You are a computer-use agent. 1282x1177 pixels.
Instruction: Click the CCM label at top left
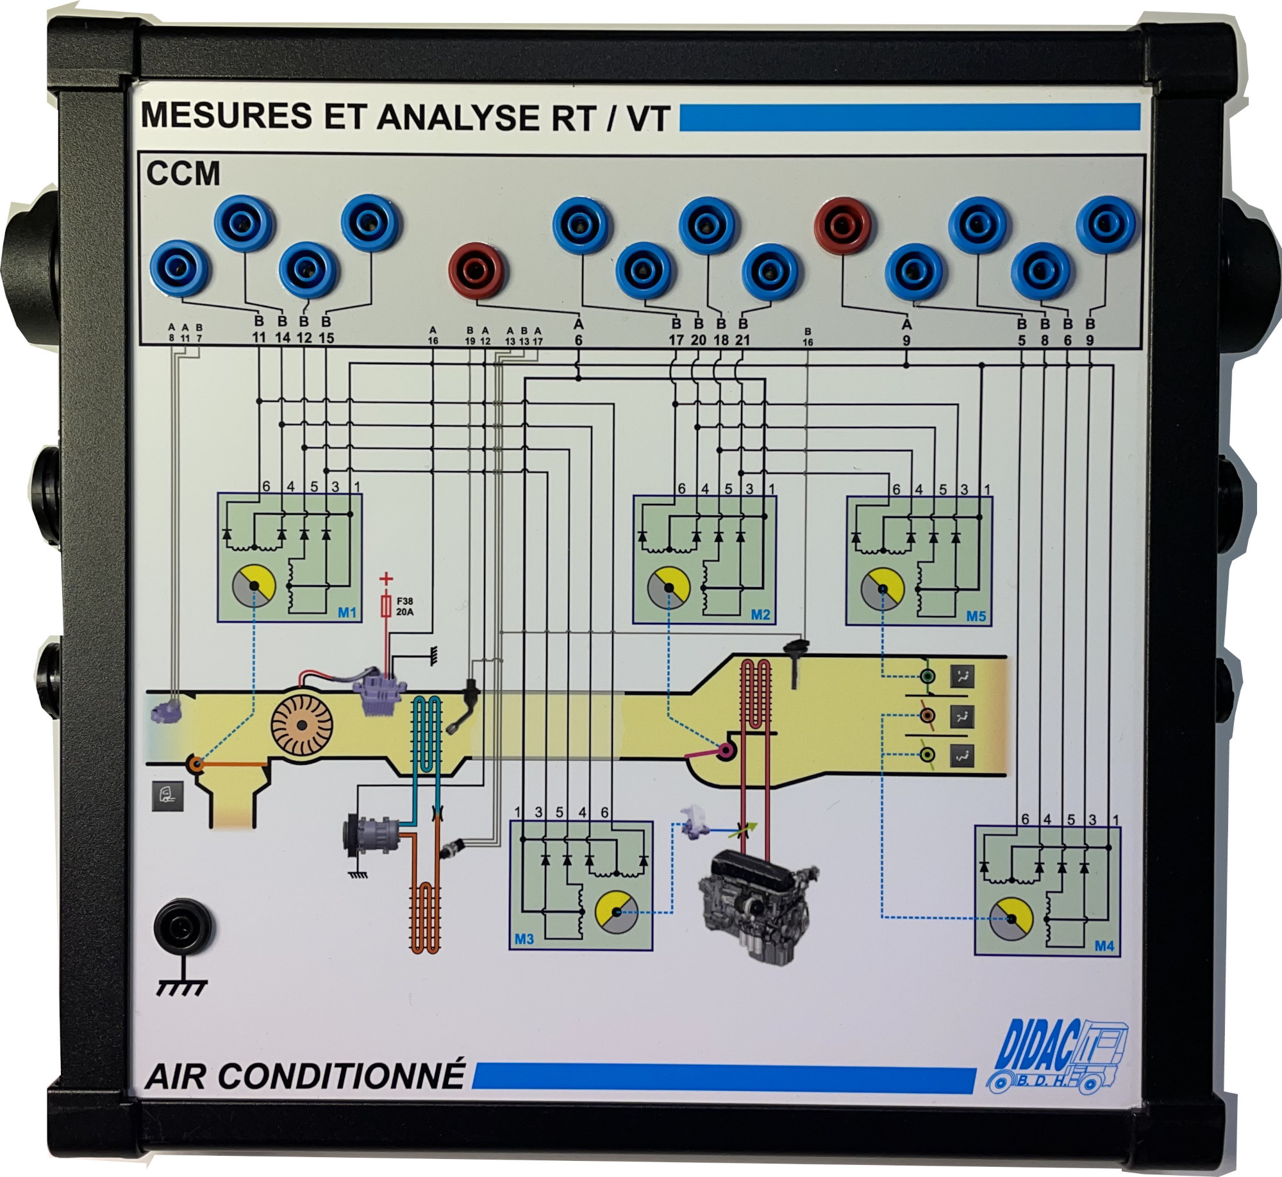[183, 173]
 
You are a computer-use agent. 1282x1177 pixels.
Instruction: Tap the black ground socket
[185, 927]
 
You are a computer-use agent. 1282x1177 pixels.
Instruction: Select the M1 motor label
[347, 613]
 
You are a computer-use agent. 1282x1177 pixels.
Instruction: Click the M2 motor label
[760, 615]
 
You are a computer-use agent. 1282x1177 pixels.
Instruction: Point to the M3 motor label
[524, 939]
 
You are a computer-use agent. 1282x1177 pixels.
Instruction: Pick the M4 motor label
[1104, 946]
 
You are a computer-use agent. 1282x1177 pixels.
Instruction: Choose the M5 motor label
[976, 616]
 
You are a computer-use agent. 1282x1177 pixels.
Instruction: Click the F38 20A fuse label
[404, 606]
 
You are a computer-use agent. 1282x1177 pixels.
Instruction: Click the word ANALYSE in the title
[458, 117]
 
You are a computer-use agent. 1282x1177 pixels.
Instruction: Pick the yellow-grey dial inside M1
[254, 586]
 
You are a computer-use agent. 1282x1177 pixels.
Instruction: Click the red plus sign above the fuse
[386, 579]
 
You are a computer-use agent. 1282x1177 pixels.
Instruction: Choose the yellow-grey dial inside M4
[1011, 919]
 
